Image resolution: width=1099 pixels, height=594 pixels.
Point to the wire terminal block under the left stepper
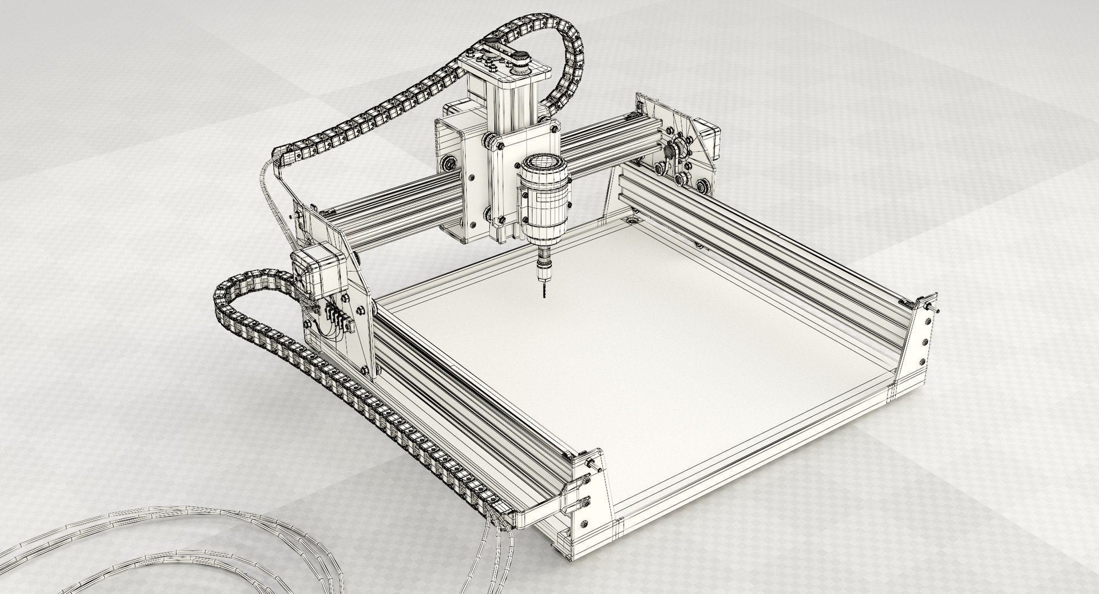pos(335,318)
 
